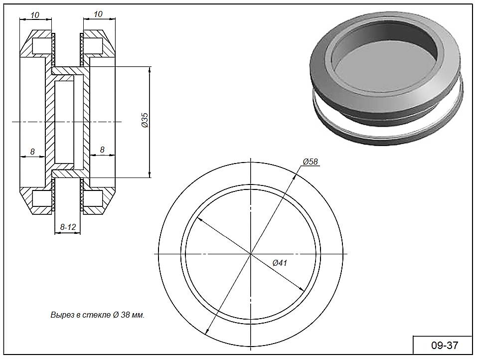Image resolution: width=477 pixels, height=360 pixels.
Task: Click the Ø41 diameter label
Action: [x=280, y=263]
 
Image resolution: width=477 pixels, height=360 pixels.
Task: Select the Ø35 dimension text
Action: [x=145, y=121]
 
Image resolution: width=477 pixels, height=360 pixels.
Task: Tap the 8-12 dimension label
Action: [x=68, y=227]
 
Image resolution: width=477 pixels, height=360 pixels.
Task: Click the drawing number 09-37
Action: [x=443, y=345]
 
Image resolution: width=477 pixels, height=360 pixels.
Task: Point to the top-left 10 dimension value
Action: [x=35, y=15]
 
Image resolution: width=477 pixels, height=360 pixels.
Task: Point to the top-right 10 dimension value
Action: [x=98, y=14]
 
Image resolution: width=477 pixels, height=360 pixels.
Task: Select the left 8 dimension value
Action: [x=32, y=151]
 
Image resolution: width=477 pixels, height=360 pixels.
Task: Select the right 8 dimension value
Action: [x=102, y=149]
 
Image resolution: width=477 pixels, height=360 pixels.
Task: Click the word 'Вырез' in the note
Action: [x=60, y=315]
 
